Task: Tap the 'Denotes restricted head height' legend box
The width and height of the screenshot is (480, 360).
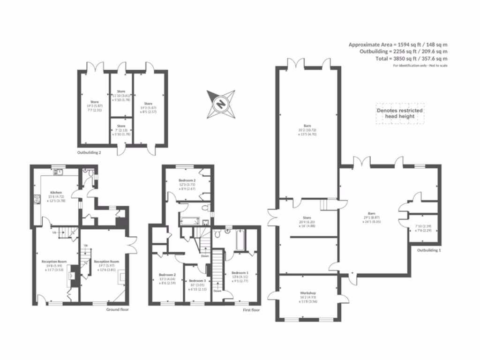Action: point(400,113)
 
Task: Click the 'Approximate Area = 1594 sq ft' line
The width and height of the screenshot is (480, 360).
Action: point(397,45)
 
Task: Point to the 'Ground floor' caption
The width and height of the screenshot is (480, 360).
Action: point(117,309)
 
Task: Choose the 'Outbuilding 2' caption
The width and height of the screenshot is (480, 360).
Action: point(89,152)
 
